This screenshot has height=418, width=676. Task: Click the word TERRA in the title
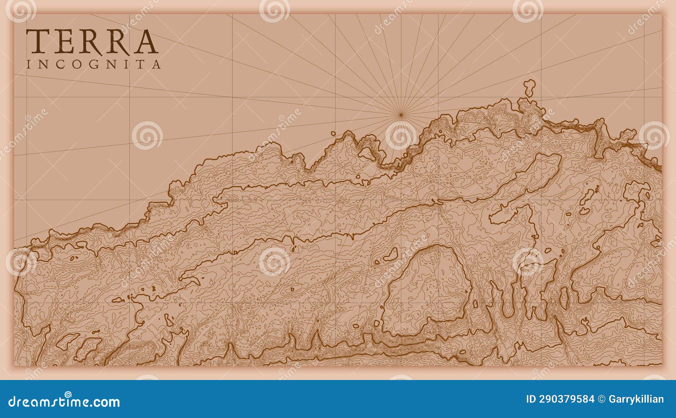pos(92,41)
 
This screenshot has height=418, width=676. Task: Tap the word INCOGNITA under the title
pos(93,65)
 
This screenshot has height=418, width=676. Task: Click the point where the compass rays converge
pos(401,114)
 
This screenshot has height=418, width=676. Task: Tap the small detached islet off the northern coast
pos(529,88)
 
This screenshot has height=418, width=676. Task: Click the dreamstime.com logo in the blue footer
pos(64,401)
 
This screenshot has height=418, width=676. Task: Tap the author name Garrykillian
pos(636,399)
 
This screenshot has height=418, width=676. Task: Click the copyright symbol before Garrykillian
pos(601,399)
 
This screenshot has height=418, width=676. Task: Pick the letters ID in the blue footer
pos(531,399)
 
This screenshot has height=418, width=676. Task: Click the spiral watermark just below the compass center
pos(401,136)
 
